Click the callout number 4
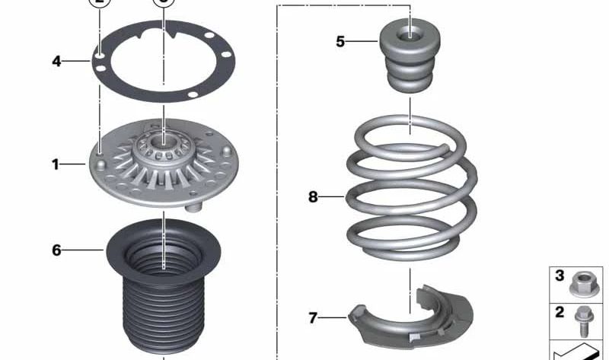[56, 60]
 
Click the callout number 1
[56, 164]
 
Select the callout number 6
[56, 250]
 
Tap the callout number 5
[340, 41]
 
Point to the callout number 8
[313, 197]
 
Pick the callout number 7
[313, 317]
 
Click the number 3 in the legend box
[560, 276]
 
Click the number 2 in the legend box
[560, 312]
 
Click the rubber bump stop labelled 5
[410, 59]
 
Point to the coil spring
[411, 194]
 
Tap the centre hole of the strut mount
[164, 140]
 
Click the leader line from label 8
[333, 197]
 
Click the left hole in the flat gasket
[100, 55]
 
